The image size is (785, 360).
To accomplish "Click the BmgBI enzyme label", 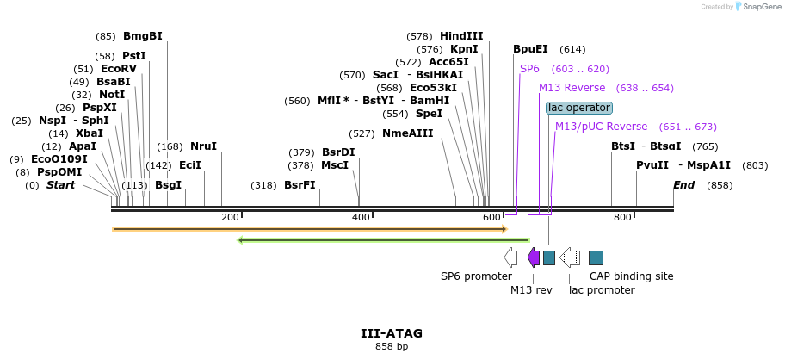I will click(x=142, y=36).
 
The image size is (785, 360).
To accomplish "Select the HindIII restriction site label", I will click(x=461, y=36).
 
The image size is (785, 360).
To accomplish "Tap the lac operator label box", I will click(x=578, y=108).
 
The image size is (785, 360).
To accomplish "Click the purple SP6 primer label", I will click(x=529, y=69).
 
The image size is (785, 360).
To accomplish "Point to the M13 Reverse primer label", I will click(x=572, y=88).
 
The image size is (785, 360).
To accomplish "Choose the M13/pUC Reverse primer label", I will click(x=601, y=127).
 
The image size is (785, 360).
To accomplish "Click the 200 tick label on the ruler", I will click(x=230, y=217).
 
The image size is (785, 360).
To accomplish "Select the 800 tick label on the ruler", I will click(x=622, y=217).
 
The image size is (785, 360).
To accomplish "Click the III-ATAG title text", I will click(x=392, y=333).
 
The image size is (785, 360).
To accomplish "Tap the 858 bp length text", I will click(x=392, y=346).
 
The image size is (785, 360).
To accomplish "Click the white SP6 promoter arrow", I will click(x=510, y=257).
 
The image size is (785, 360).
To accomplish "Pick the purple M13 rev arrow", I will click(x=534, y=257).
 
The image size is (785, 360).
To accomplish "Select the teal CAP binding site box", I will click(x=596, y=257).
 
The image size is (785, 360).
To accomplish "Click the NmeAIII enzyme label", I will click(x=407, y=133).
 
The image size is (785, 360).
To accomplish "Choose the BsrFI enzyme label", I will click(x=300, y=185).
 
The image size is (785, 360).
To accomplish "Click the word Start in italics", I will click(x=60, y=185).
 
